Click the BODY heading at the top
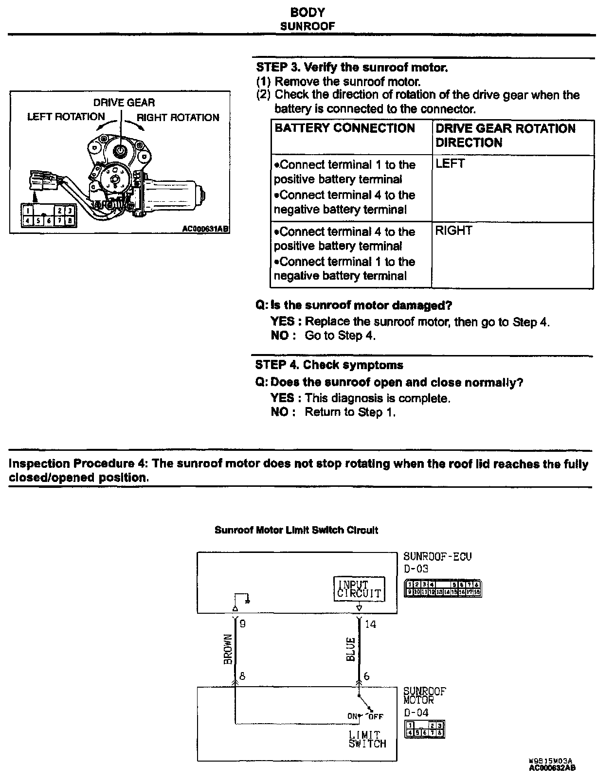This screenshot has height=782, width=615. point(307,12)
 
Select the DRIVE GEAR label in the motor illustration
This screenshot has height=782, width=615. point(124,103)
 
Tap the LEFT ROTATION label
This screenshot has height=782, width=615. point(66,117)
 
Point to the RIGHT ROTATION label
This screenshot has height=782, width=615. point(178,117)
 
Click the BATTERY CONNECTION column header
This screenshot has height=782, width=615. point(345,128)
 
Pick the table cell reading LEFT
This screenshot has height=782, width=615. point(450,164)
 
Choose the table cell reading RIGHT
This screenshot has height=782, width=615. point(453,231)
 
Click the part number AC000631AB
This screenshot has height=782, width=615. point(205,228)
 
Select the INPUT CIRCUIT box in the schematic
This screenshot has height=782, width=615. point(359,589)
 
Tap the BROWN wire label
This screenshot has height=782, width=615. point(227,649)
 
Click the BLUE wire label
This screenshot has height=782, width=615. point(351,649)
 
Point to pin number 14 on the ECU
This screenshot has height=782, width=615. point(370,624)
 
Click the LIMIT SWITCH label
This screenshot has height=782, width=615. point(367,739)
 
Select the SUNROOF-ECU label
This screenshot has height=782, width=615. point(437,556)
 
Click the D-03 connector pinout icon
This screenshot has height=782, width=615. point(443,588)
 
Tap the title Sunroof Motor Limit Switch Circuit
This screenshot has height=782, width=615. point(296,530)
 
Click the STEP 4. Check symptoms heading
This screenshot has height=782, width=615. point(329,365)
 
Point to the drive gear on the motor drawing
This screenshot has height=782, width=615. point(120,151)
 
